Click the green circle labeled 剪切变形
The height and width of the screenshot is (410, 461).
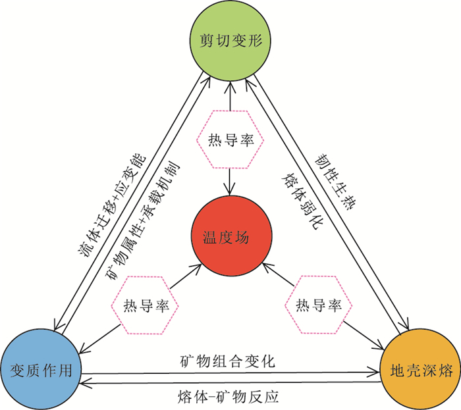(230, 40)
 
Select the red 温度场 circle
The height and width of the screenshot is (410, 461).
(231, 236)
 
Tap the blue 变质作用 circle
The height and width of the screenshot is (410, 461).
(41, 369)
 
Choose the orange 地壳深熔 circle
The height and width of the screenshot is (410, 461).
(420, 369)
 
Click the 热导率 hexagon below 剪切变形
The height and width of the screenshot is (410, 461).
(230, 140)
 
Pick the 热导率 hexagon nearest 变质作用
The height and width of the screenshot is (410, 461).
(146, 305)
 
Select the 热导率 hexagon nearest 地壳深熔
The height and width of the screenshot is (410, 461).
(318, 305)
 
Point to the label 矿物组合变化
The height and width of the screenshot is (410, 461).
(227, 361)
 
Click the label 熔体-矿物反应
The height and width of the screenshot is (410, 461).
(228, 397)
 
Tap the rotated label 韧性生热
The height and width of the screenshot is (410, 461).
(335, 182)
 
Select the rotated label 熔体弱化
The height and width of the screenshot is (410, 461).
(303, 201)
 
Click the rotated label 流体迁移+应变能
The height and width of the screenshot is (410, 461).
(111, 205)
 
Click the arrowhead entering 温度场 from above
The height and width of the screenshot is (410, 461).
(230, 190)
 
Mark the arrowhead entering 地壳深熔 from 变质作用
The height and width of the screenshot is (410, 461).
(375, 373)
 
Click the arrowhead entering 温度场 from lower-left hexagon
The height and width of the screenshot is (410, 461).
(197, 268)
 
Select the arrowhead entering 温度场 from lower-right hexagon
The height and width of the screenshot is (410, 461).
(267, 268)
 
